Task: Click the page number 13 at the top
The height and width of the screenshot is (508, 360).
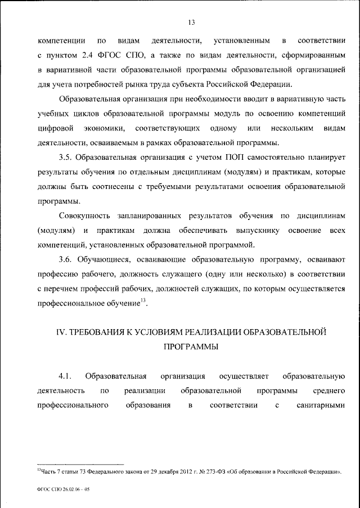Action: coord(192,23)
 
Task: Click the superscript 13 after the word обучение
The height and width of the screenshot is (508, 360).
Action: coord(143,301)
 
